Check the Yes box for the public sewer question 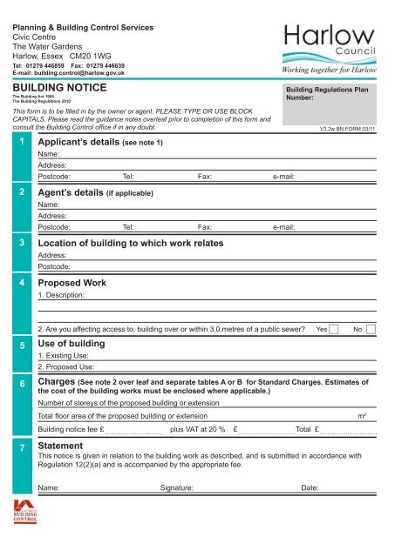click(x=333, y=329)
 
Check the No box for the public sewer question click(x=371, y=329)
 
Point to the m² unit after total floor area click(x=363, y=417)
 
